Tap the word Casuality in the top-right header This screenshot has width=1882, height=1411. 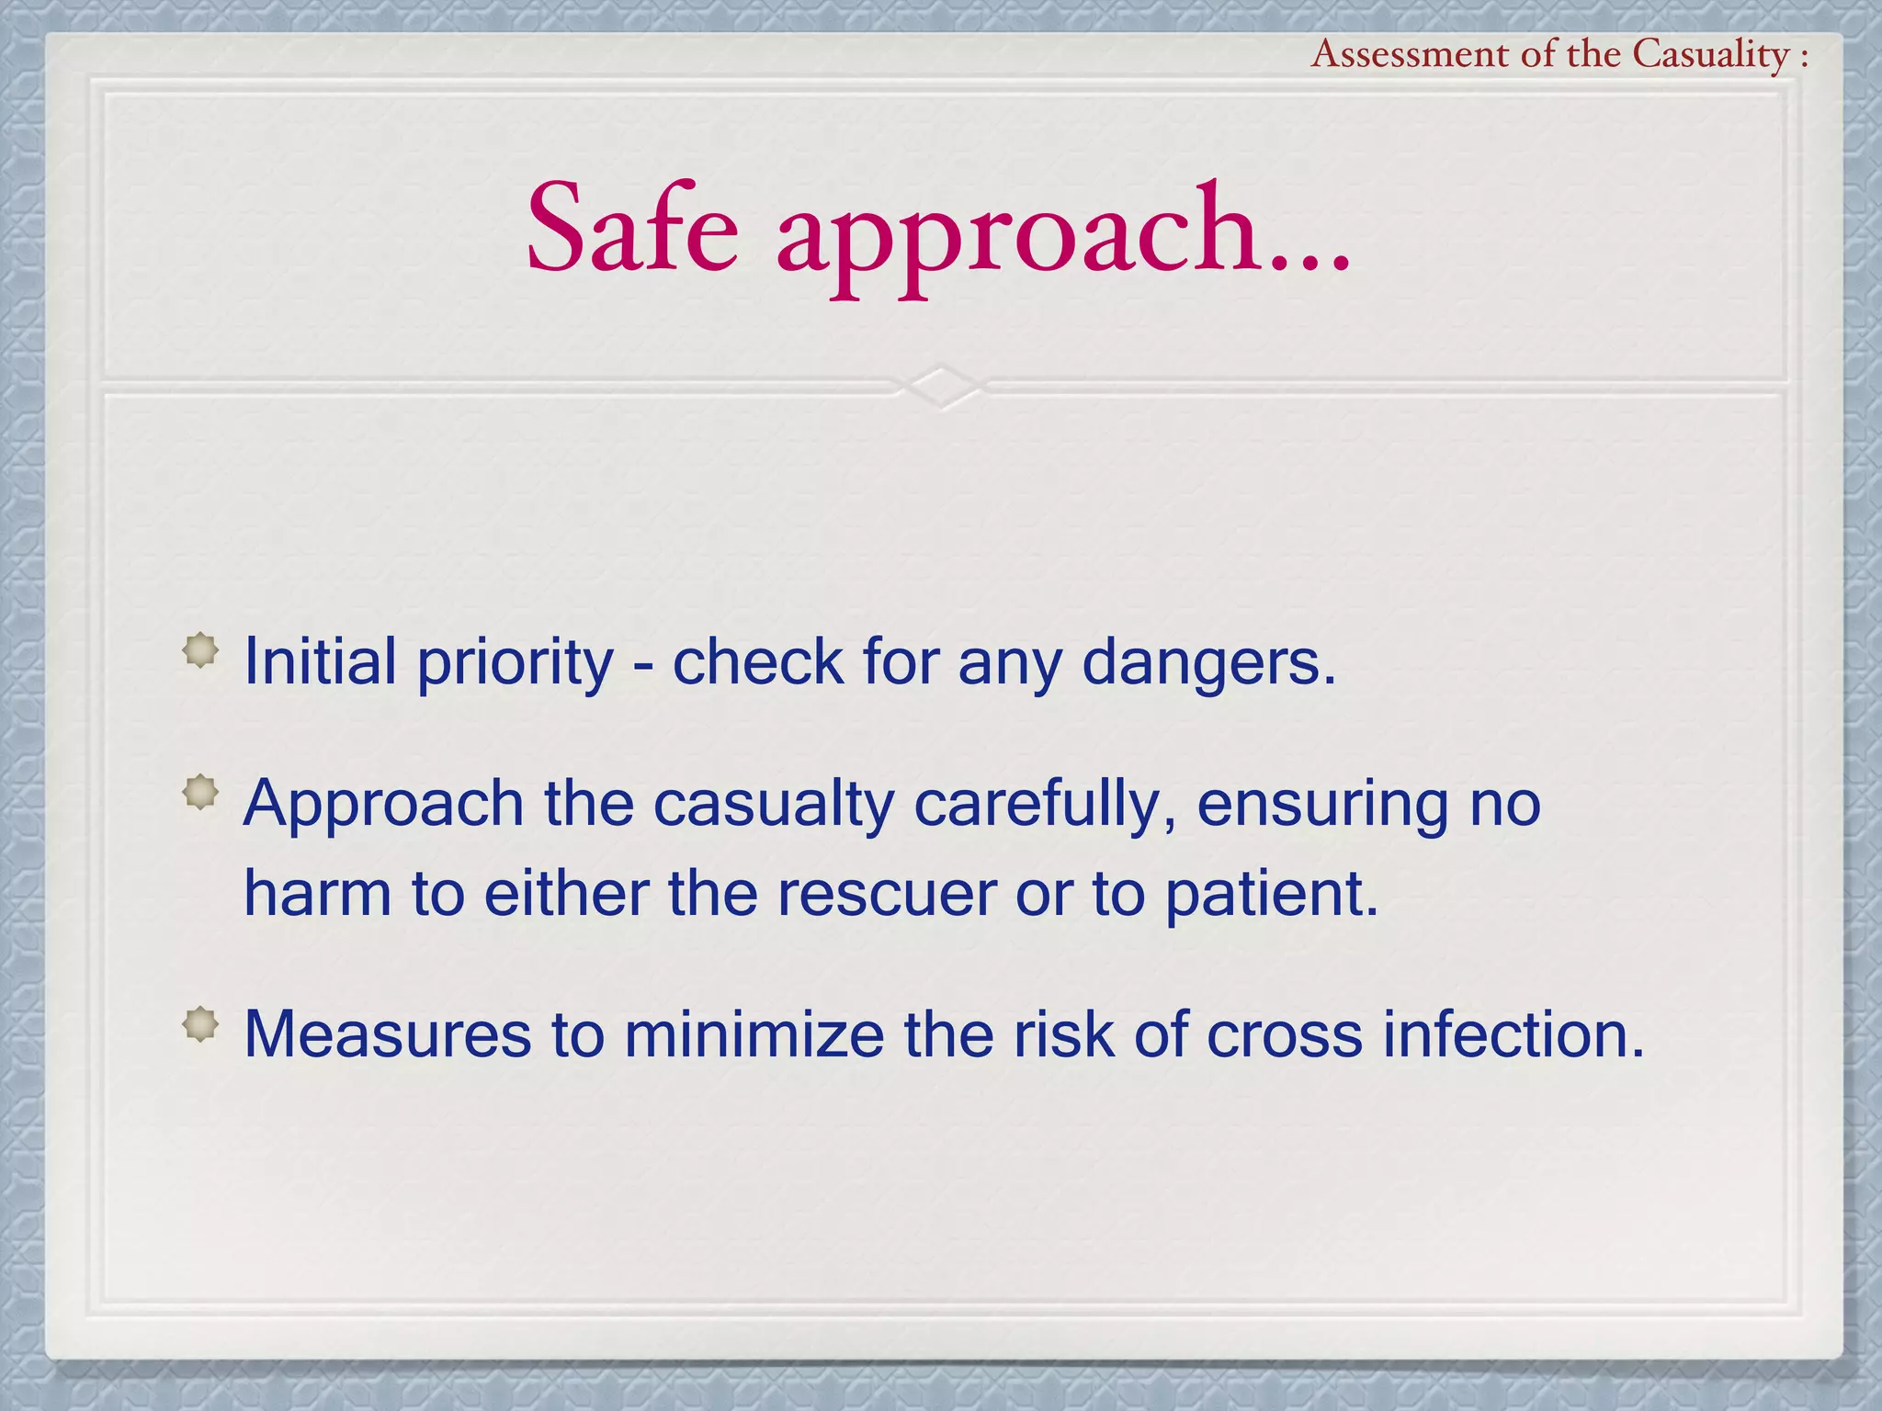tap(1711, 55)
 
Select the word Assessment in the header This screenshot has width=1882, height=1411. tap(1410, 55)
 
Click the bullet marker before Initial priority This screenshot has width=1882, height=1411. tap(200, 651)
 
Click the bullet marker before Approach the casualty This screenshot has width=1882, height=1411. tap(200, 793)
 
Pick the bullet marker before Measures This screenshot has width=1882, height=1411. tap(200, 1024)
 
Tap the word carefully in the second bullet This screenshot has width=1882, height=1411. tap(1046, 805)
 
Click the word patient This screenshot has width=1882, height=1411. tap(1272, 895)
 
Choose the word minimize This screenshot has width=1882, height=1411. tap(754, 1034)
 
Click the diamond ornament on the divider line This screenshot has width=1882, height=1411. tap(941, 387)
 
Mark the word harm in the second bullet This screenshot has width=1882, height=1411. tap(317, 893)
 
